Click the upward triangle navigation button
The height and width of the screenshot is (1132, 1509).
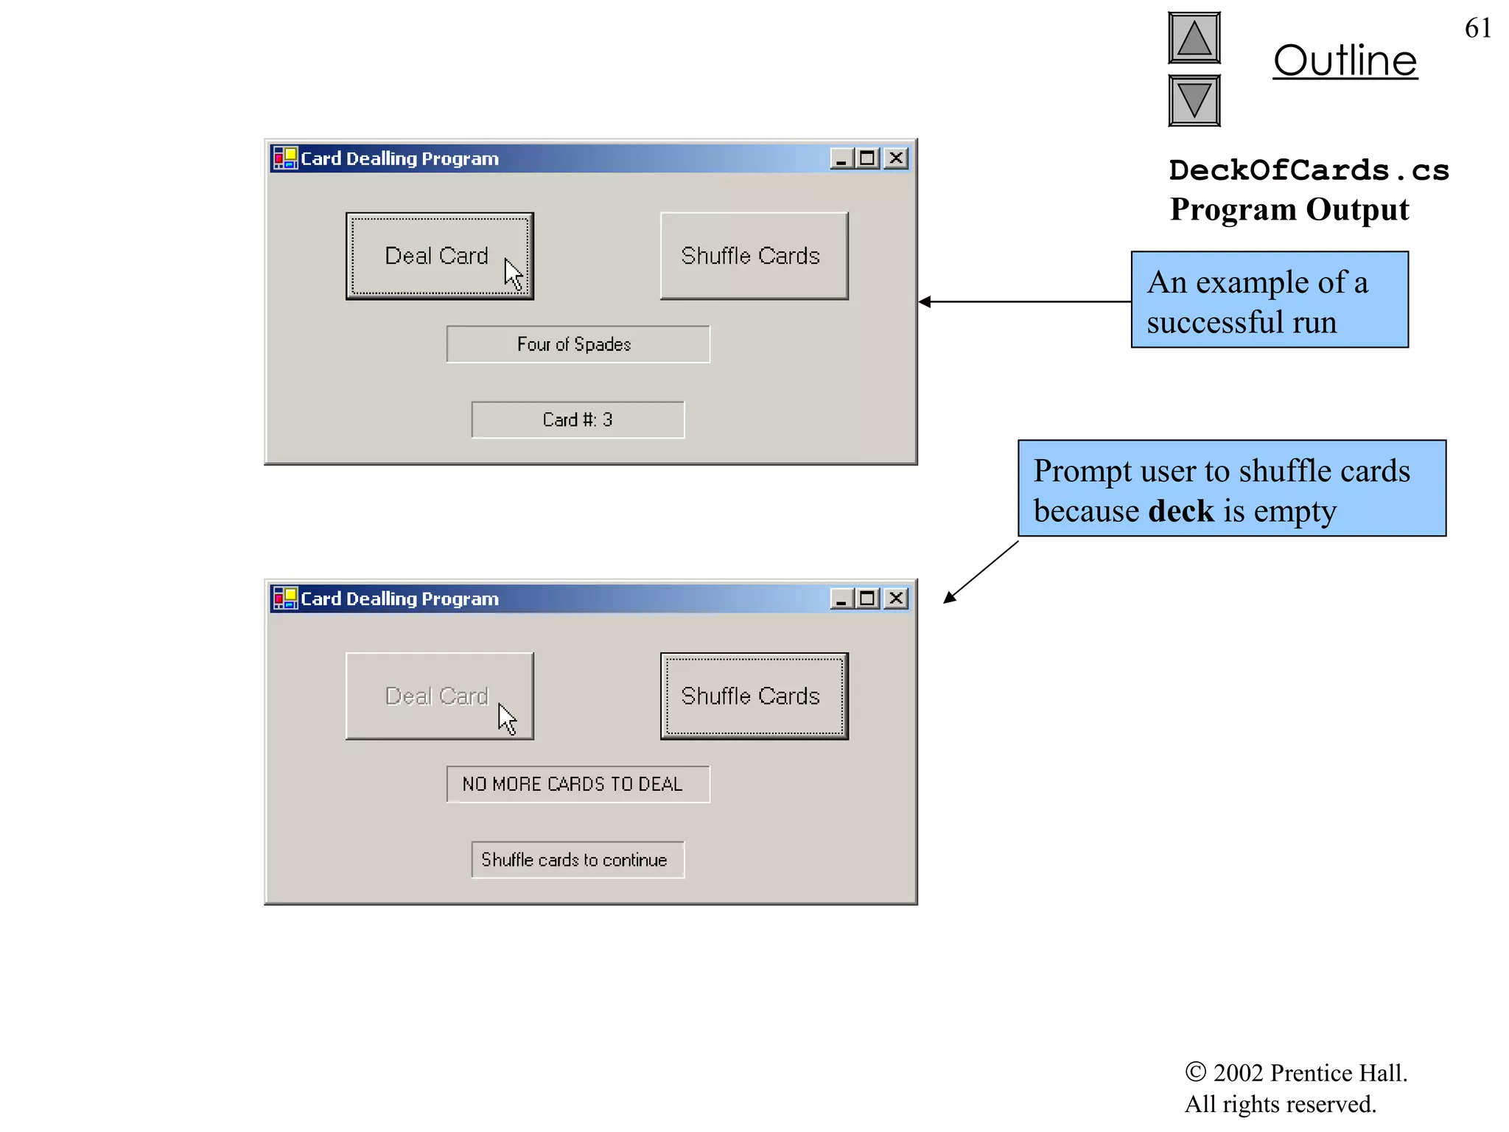(x=1194, y=38)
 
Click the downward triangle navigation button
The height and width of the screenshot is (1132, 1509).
(x=1194, y=100)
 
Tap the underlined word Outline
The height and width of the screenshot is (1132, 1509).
(x=1345, y=60)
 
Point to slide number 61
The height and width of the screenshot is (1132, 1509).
(x=1477, y=28)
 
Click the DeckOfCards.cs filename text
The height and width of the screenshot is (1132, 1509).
(x=1309, y=170)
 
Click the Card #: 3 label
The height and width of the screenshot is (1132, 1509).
(x=578, y=420)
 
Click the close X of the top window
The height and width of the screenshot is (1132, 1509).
(x=896, y=158)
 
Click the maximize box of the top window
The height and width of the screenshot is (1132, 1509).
(x=868, y=158)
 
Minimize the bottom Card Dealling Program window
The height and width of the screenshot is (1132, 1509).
(x=841, y=598)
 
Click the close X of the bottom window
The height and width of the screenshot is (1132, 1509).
(x=896, y=598)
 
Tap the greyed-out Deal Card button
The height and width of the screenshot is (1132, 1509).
(x=439, y=696)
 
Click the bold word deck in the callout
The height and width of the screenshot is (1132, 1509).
(x=1180, y=511)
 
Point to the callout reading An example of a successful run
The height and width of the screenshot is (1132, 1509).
(x=1270, y=300)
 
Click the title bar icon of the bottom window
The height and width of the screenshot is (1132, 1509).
(x=285, y=598)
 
